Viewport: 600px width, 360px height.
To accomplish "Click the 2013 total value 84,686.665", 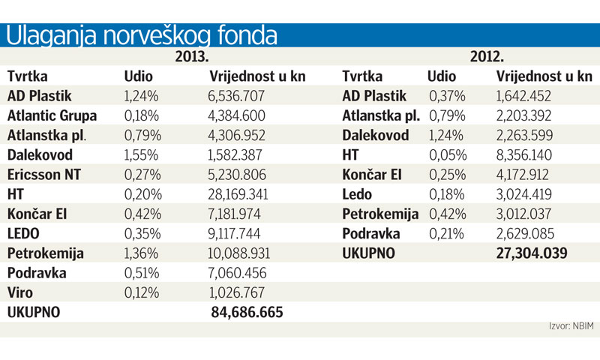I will click(x=247, y=311).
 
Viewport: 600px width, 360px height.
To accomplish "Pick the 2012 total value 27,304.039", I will click(x=531, y=253).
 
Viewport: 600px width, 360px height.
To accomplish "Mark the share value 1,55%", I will click(x=140, y=154).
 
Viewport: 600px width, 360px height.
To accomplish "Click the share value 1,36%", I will click(x=140, y=252).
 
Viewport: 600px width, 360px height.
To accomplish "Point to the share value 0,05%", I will click(x=446, y=154).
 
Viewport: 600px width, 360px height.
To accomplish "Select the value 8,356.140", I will click(x=529, y=154).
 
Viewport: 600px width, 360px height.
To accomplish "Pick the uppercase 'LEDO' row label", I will click(x=25, y=232).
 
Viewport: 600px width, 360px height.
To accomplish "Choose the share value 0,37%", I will click(x=446, y=96).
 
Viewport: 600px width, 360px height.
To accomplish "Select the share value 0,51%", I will click(x=140, y=271).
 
